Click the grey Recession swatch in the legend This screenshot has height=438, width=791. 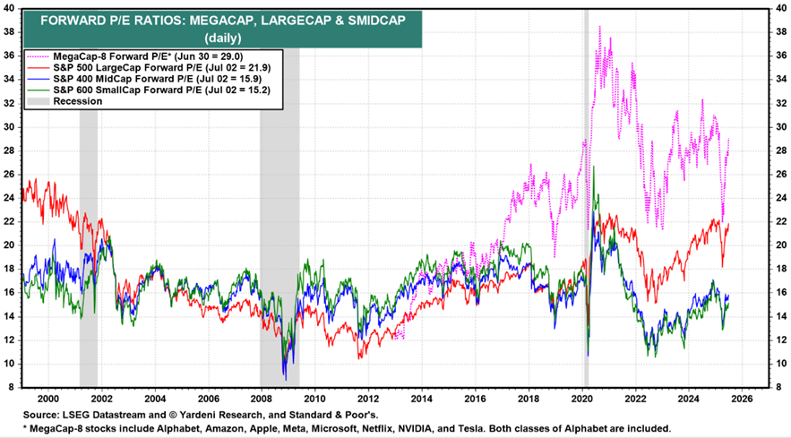point(38,101)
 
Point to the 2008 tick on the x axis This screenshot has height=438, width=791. point(262,399)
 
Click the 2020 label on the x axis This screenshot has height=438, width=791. point(582,399)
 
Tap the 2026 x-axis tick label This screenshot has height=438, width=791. point(742,399)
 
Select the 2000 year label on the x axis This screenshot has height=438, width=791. point(48,399)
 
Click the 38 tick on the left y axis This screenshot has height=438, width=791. point(11,31)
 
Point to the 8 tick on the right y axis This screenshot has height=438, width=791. point(778,388)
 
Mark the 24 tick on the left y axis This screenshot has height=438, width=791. point(11,198)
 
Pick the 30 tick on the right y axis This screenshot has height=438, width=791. point(780,126)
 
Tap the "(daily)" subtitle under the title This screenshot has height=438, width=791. point(223,38)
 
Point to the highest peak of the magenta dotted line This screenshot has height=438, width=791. point(599,26)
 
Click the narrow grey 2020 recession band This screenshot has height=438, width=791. point(586,197)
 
